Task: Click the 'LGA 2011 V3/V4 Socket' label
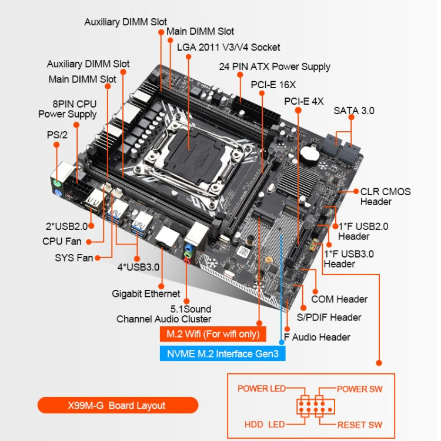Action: pos(228,47)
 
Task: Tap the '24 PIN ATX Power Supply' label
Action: pos(275,66)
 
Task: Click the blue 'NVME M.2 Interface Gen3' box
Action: pos(222,353)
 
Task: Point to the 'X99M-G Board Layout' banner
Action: pos(118,405)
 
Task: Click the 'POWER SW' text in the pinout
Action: pos(359,389)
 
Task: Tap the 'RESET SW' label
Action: pos(359,425)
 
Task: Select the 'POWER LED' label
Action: pos(261,389)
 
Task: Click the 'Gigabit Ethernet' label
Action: pos(146,293)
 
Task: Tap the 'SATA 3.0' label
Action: pos(354,110)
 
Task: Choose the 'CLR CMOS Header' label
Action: pos(385,196)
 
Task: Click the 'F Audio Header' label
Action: pos(317,337)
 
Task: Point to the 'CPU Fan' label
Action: pos(62,241)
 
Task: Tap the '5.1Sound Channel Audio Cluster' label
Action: pos(164,314)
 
